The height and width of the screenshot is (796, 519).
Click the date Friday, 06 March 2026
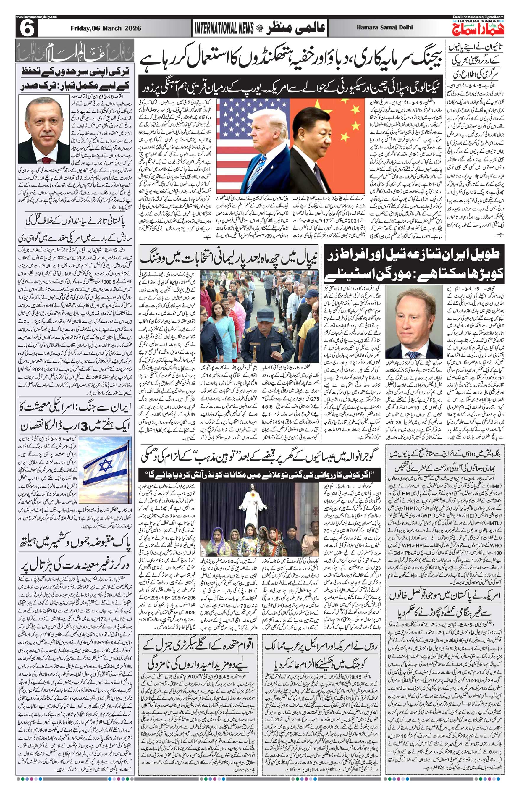click(105, 28)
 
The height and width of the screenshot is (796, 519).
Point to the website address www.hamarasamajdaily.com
click(36, 17)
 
